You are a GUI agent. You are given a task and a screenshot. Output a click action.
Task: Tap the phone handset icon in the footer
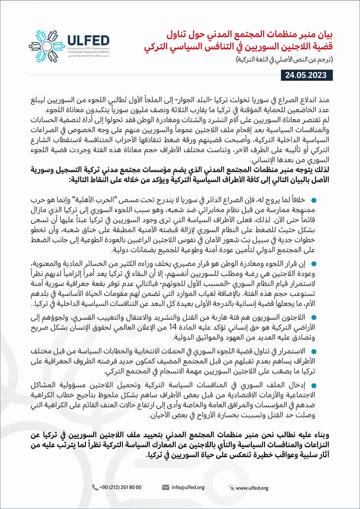[x=95, y=487]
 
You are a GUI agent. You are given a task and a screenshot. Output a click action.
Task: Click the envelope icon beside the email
[x=165, y=487]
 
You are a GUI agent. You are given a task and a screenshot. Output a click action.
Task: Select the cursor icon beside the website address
[x=232, y=487]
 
